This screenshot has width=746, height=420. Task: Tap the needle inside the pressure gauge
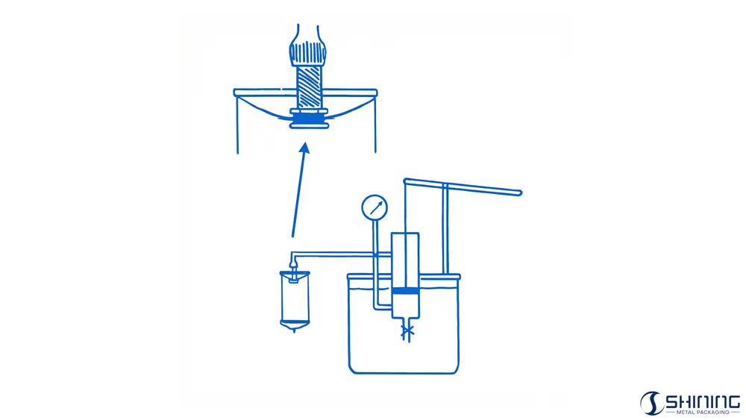(x=376, y=207)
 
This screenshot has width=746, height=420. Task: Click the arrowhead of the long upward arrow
(x=305, y=148)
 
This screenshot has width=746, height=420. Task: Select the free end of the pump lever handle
(x=519, y=192)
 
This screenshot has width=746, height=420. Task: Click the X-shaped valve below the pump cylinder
(x=407, y=331)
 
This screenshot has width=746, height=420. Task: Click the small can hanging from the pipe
(x=295, y=301)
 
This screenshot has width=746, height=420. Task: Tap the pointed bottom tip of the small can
(x=295, y=330)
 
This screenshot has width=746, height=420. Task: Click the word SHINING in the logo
(x=702, y=401)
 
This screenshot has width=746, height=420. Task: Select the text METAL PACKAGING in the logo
(x=702, y=413)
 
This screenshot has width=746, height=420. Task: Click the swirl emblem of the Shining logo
(x=651, y=404)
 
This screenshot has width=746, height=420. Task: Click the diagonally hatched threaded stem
(x=310, y=87)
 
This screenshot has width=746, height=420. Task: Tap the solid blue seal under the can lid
(x=310, y=119)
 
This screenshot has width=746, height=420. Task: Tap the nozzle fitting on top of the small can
(x=294, y=274)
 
